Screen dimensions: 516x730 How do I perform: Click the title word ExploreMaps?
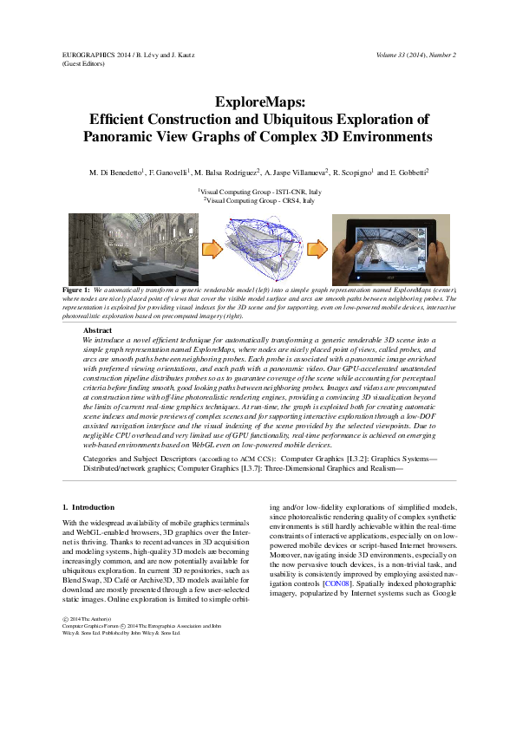pyautogui.click(x=257, y=102)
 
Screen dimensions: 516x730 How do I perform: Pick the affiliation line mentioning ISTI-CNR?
pyautogui.click(x=258, y=191)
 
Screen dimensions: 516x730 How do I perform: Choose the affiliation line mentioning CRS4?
pyautogui.click(x=258, y=200)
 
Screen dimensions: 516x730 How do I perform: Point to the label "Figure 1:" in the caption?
pyautogui.click(x=77, y=289)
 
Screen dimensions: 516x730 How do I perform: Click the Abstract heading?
pyautogui.click(x=98, y=331)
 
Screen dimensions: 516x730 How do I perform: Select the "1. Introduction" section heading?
pyautogui.click(x=89, y=506)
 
